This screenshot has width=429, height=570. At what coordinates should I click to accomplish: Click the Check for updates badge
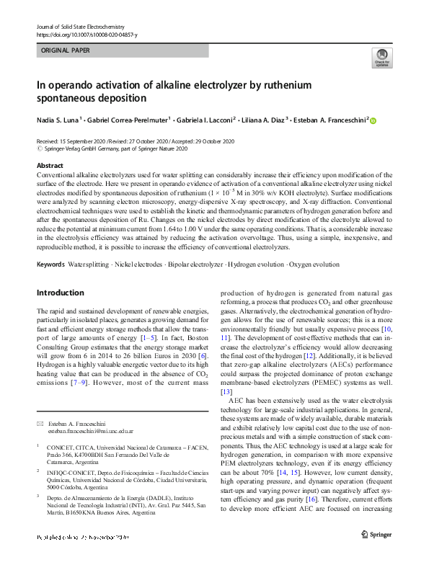pyautogui.click(x=380, y=58)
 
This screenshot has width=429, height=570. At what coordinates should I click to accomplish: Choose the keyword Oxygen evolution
pyautogui.click(x=314, y=265)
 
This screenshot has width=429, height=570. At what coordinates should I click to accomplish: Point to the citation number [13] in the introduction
pyautogui.click(x=226, y=392)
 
